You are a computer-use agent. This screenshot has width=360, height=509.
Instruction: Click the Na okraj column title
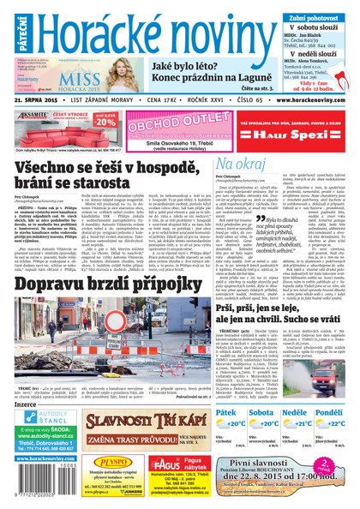tap(236, 162)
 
